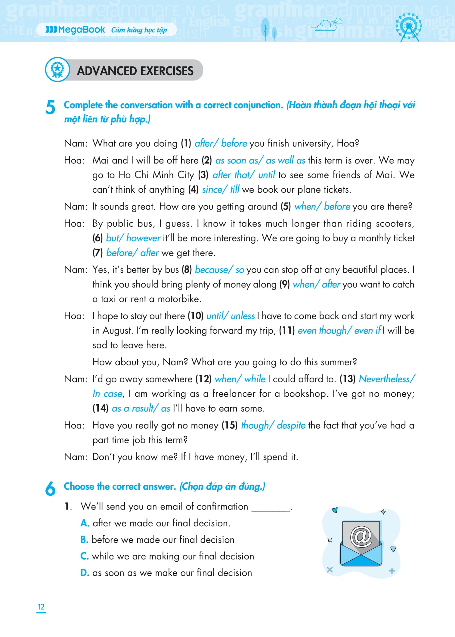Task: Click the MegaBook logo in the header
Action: pos(75,29)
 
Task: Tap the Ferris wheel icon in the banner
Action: pos(409,27)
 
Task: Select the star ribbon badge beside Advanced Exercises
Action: pos(57,69)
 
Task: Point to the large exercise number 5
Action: pos(51,107)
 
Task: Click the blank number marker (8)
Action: pos(187,270)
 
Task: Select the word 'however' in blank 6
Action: pos(143,238)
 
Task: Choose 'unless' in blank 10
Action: pos(243,316)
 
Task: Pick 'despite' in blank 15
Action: pos(291,425)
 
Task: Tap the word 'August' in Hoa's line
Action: pos(117,331)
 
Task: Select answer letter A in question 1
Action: pos(85,523)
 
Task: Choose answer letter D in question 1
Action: pos(85,573)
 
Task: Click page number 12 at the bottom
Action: pos(41,607)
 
